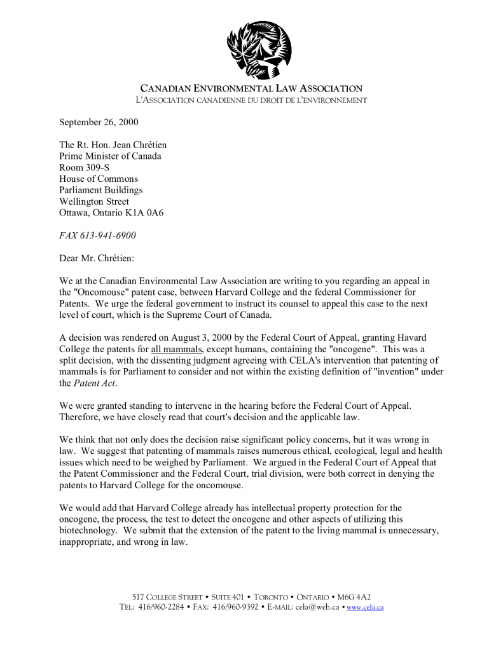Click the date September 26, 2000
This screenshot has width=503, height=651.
point(99,122)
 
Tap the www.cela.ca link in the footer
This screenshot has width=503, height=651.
point(365,607)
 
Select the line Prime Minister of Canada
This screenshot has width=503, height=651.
point(110,156)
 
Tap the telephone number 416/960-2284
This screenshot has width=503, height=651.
point(159,607)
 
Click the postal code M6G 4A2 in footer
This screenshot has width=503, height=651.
point(354,597)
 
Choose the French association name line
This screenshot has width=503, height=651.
point(251,100)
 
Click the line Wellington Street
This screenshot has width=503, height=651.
point(94,202)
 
